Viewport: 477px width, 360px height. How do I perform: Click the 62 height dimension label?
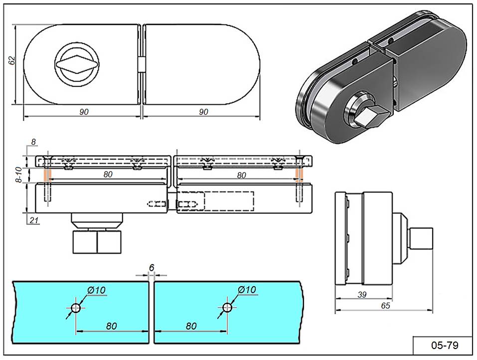(x=12, y=60)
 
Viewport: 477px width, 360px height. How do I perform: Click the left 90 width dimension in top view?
(x=84, y=112)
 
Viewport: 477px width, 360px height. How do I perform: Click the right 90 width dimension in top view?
(x=203, y=112)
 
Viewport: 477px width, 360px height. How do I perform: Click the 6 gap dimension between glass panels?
(x=152, y=268)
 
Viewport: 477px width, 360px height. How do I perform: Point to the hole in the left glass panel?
(x=75, y=309)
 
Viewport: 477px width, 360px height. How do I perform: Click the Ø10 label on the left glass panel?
(x=96, y=290)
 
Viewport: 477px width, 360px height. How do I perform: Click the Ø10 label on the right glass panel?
(x=247, y=290)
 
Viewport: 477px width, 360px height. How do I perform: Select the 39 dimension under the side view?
(x=362, y=295)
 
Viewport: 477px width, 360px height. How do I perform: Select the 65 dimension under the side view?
(x=385, y=305)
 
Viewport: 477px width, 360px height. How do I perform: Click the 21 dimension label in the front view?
(x=33, y=219)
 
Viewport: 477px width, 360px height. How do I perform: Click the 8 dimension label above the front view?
(x=33, y=142)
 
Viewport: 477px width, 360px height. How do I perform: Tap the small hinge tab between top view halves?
(x=141, y=65)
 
